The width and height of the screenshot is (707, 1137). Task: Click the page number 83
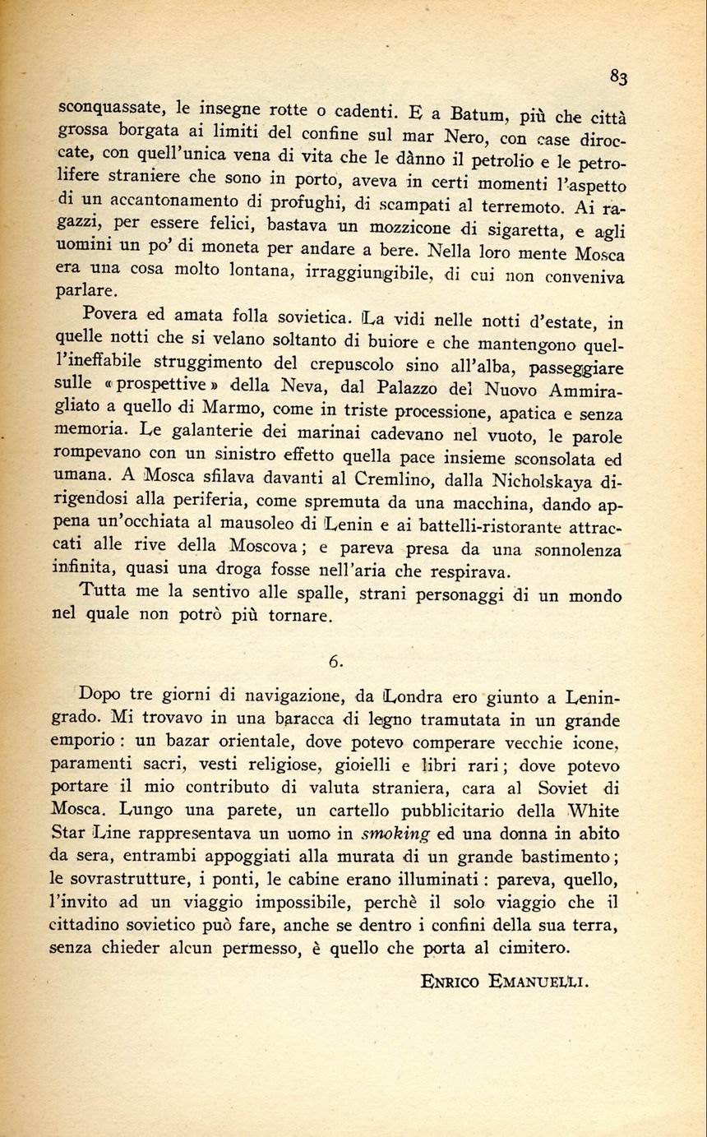(x=619, y=77)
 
